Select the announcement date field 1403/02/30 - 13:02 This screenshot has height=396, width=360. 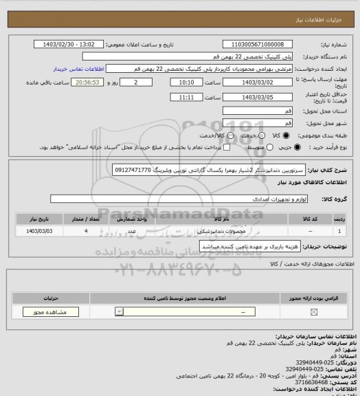(x=69, y=44)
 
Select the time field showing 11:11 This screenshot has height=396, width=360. (x=185, y=98)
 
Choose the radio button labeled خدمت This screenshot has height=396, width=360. (x=247, y=136)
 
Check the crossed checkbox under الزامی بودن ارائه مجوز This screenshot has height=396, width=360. (x=315, y=313)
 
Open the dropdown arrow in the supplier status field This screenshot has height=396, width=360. (x=120, y=313)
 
